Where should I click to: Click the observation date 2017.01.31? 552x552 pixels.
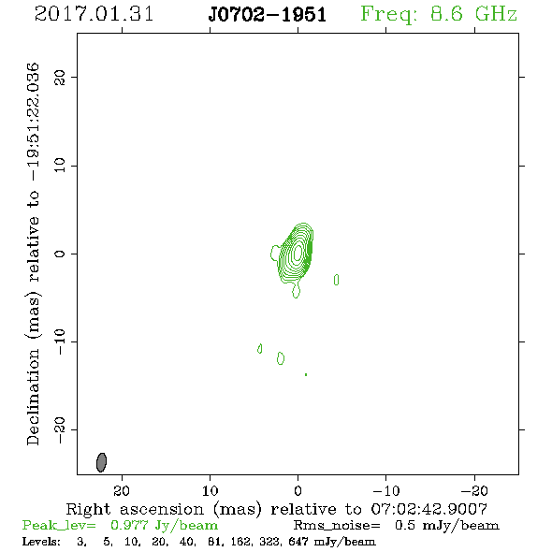(94, 14)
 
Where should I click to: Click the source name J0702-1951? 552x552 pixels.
(268, 15)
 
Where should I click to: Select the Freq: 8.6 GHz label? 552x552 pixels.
(439, 15)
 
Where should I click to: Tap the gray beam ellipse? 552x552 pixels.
(101, 462)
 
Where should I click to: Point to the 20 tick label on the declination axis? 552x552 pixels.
(60, 77)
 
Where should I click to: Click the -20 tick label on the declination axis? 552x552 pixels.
(60, 429)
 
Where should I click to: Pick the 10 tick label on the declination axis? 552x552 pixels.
(60, 166)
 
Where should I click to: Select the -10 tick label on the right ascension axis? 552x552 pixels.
(386, 490)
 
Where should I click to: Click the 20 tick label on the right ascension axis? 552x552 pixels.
(122, 490)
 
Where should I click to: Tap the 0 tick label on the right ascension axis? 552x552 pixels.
(298, 490)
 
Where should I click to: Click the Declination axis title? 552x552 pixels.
(33, 254)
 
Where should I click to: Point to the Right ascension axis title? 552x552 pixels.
(276, 509)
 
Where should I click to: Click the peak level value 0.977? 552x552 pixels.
(129, 525)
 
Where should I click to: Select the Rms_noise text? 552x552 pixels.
(337, 526)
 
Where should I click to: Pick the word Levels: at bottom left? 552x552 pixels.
(41, 541)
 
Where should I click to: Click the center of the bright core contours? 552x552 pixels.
(298, 253)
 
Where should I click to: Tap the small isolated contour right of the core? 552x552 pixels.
(336, 280)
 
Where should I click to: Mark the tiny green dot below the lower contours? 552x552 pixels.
(306, 374)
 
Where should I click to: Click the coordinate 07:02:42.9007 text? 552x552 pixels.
(429, 509)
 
